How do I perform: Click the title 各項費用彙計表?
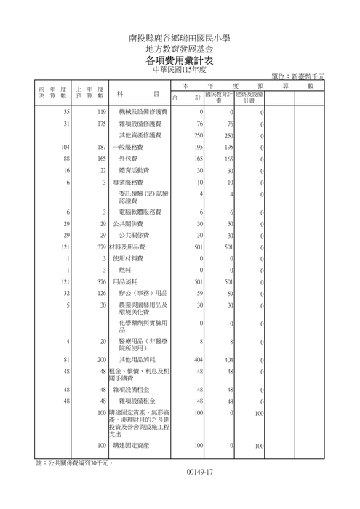(180, 60)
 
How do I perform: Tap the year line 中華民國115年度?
(180, 71)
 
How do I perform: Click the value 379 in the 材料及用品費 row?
(101, 247)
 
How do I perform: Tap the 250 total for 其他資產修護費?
(199, 135)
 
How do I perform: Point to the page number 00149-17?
(199, 474)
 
